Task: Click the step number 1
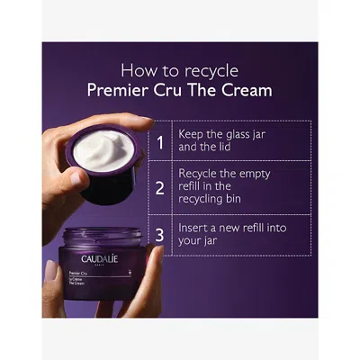coord(160,142)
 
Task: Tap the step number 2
coord(160,189)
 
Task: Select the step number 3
coord(160,236)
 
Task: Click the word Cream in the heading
coord(247,90)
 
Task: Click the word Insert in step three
coord(196,229)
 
